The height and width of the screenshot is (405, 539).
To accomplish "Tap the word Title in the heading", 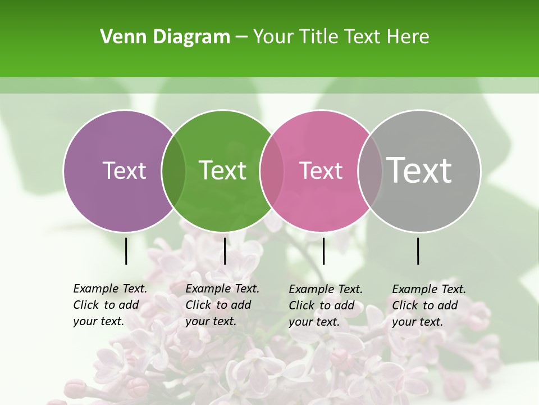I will click(319, 37).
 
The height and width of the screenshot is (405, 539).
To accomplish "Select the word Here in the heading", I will click(408, 37).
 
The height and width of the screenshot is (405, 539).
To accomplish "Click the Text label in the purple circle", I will click(124, 170).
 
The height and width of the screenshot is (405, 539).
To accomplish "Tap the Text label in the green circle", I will click(223, 170).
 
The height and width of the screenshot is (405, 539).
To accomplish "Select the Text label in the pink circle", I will click(321, 170).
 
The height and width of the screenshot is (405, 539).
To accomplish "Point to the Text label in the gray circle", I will click(419, 170).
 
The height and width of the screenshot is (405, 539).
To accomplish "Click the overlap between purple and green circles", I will click(173, 170).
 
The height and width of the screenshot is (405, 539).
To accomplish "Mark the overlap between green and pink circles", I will click(272, 170).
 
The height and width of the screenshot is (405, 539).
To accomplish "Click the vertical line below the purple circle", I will click(126, 251).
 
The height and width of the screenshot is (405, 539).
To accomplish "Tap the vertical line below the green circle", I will click(225, 251).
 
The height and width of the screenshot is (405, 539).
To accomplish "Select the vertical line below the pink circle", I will click(323, 251).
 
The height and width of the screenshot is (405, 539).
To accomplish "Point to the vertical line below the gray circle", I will click(418, 251).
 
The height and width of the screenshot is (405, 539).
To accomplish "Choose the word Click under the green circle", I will click(198, 305).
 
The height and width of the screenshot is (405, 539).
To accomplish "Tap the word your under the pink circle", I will click(300, 322).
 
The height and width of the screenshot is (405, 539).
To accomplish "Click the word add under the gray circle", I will click(447, 305).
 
